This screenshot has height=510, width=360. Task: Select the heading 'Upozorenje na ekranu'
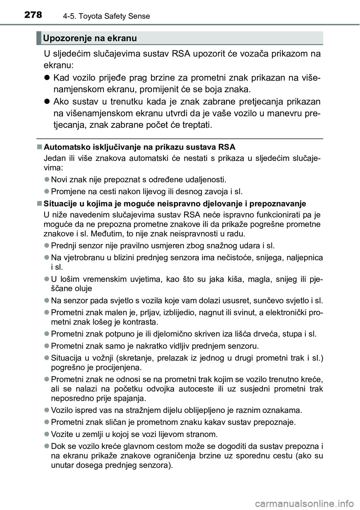pyautogui.click(x=90, y=38)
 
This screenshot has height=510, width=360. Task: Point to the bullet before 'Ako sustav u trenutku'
pyautogui.click(x=47, y=102)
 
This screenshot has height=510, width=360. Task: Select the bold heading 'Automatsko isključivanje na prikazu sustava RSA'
pyautogui.click(x=139, y=146)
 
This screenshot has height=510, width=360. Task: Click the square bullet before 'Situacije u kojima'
pyautogui.click(x=40, y=204)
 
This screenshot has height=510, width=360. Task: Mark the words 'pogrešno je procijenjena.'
pyautogui.click(x=96, y=367)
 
